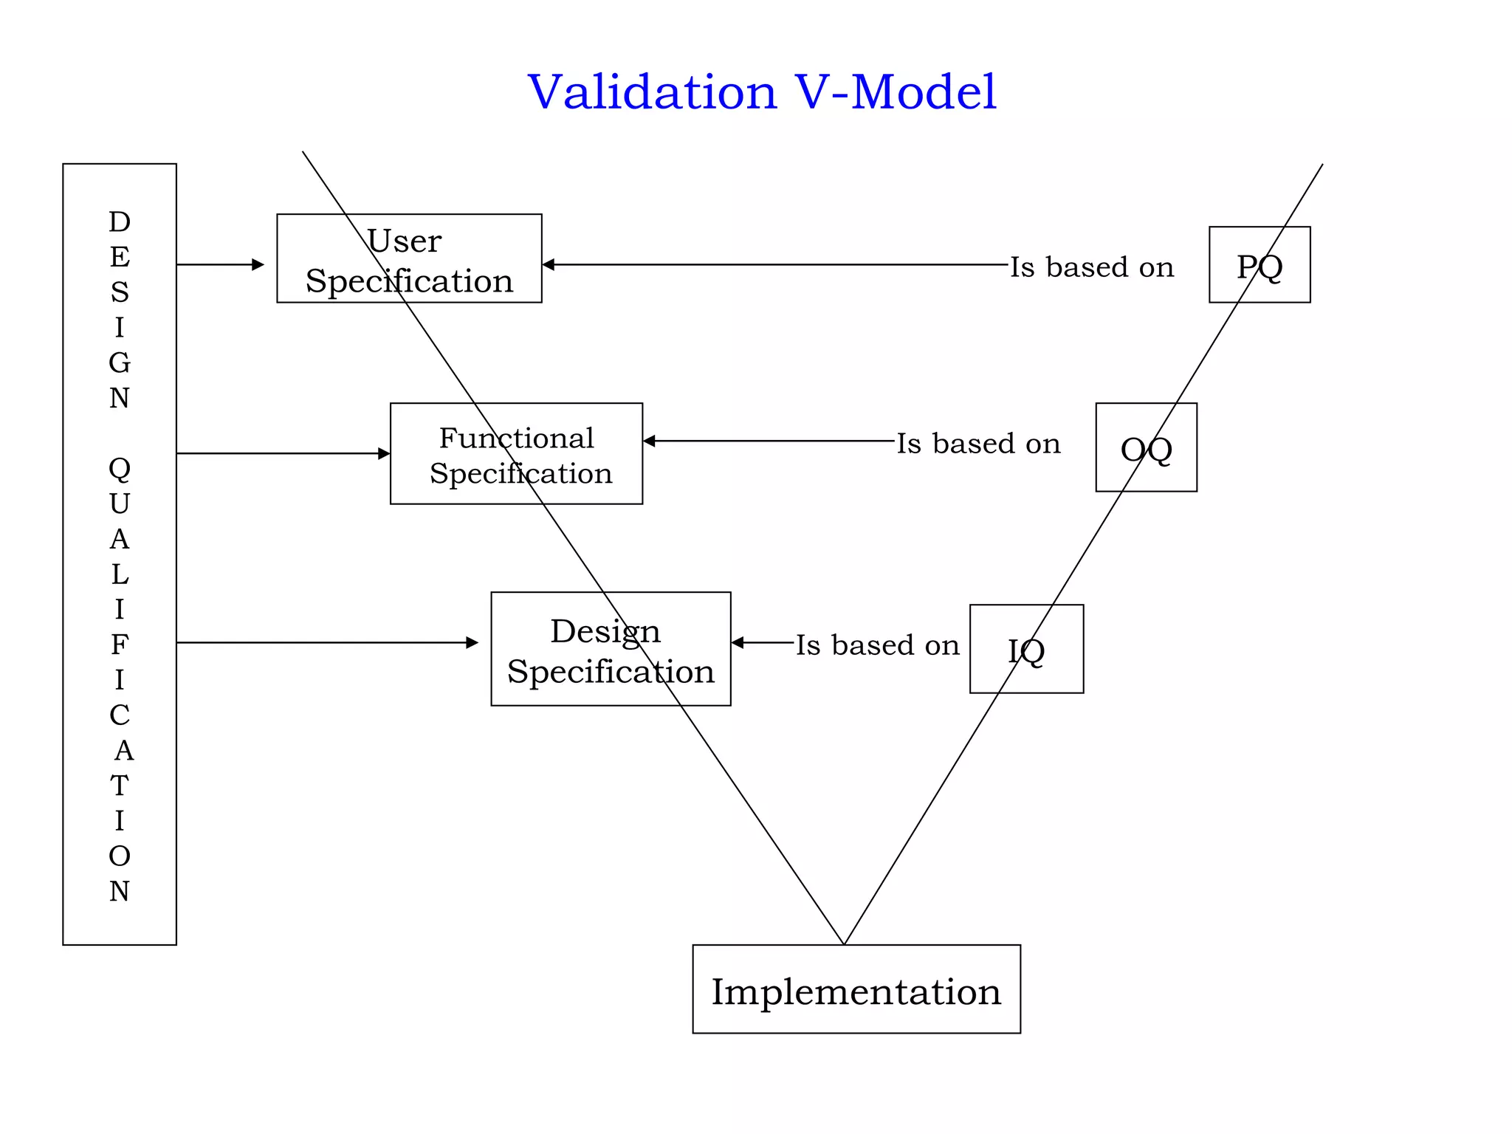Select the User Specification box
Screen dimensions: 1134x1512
click(x=409, y=258)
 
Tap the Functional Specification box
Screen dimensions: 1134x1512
click(x=516, y=453)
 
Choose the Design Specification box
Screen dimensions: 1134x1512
click(x=611, y=649)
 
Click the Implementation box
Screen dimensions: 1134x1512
click(x=856, y=989)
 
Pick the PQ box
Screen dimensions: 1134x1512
click(x=1260, y=265)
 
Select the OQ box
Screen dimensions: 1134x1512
click(x=1146, y=447)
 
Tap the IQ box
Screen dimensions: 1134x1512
click(x=1026, y=649)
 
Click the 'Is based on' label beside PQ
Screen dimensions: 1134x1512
click(x=1092, y=267)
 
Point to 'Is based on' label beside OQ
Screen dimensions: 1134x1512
click(x=978, y=444)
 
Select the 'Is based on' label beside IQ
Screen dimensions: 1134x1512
click(x=877, y=645)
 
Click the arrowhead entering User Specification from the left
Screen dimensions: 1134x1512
click(x=258, y=264)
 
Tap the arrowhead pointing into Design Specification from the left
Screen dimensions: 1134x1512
click(x=472, y=642)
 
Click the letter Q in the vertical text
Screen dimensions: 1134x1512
click(x=120, y=468)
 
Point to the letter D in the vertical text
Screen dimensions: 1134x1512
click(x=120, y=221)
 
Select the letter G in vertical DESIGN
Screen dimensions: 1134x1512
click(x=120, y=362)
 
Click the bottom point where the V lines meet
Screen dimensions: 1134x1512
click(x=844, y=943)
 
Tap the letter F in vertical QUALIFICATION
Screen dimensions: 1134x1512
click(x=120, y=645)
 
